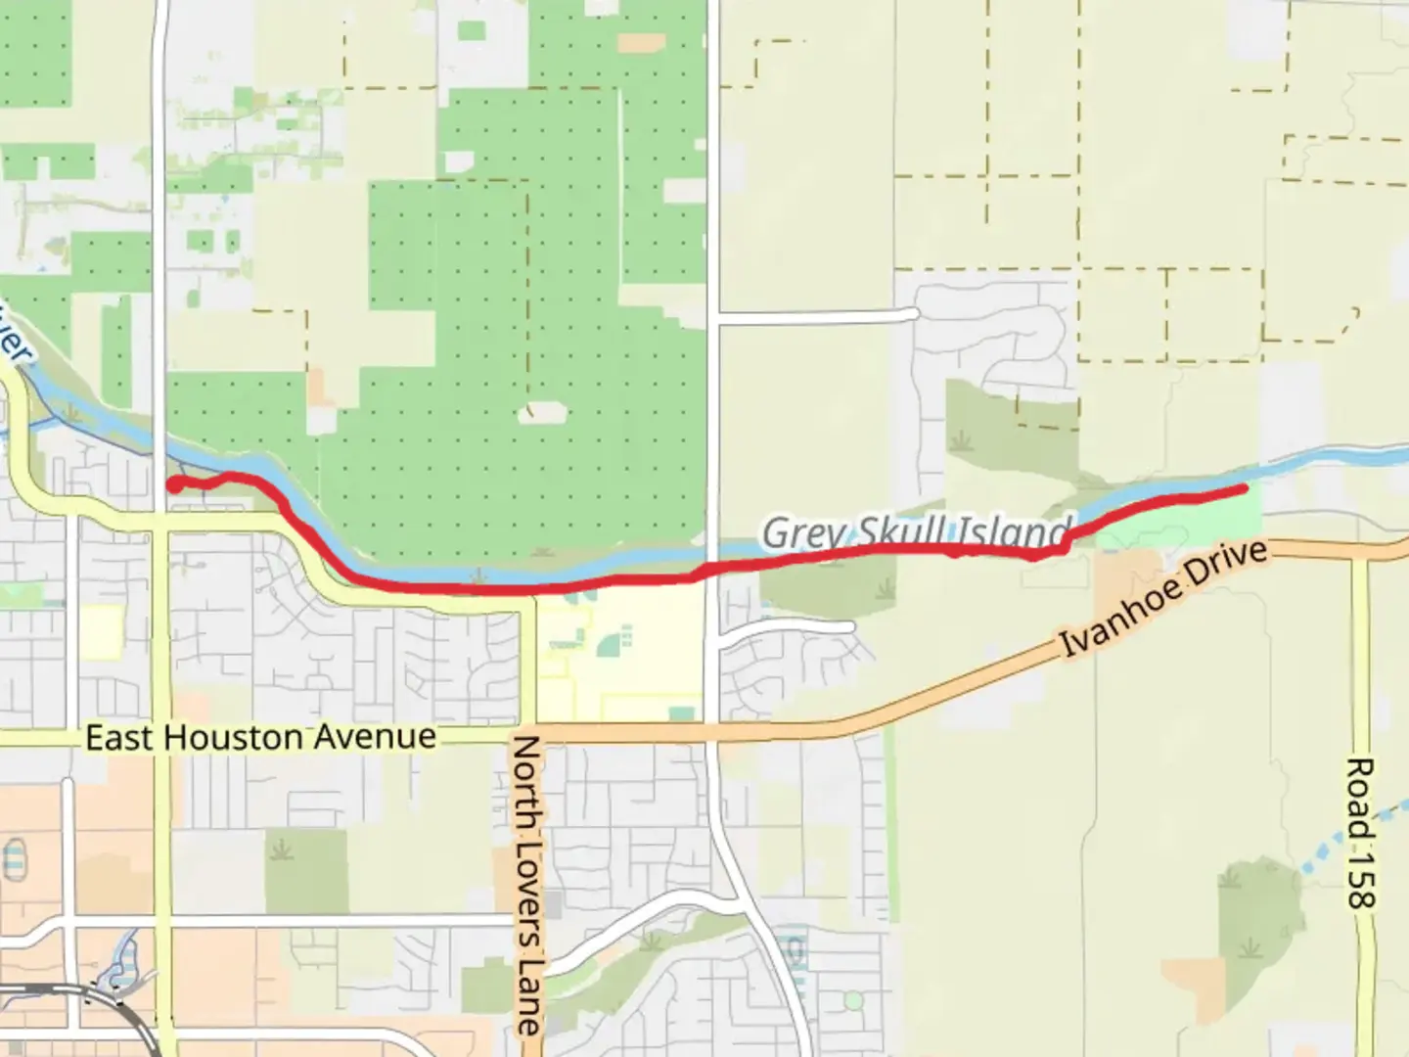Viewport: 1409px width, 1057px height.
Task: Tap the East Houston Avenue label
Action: click(260, 737)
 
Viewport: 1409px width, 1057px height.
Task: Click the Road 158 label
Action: click(1361, 832)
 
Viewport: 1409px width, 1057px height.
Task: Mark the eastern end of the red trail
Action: click(1244, 487)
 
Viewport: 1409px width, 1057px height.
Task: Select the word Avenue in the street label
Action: click(376, 737)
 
